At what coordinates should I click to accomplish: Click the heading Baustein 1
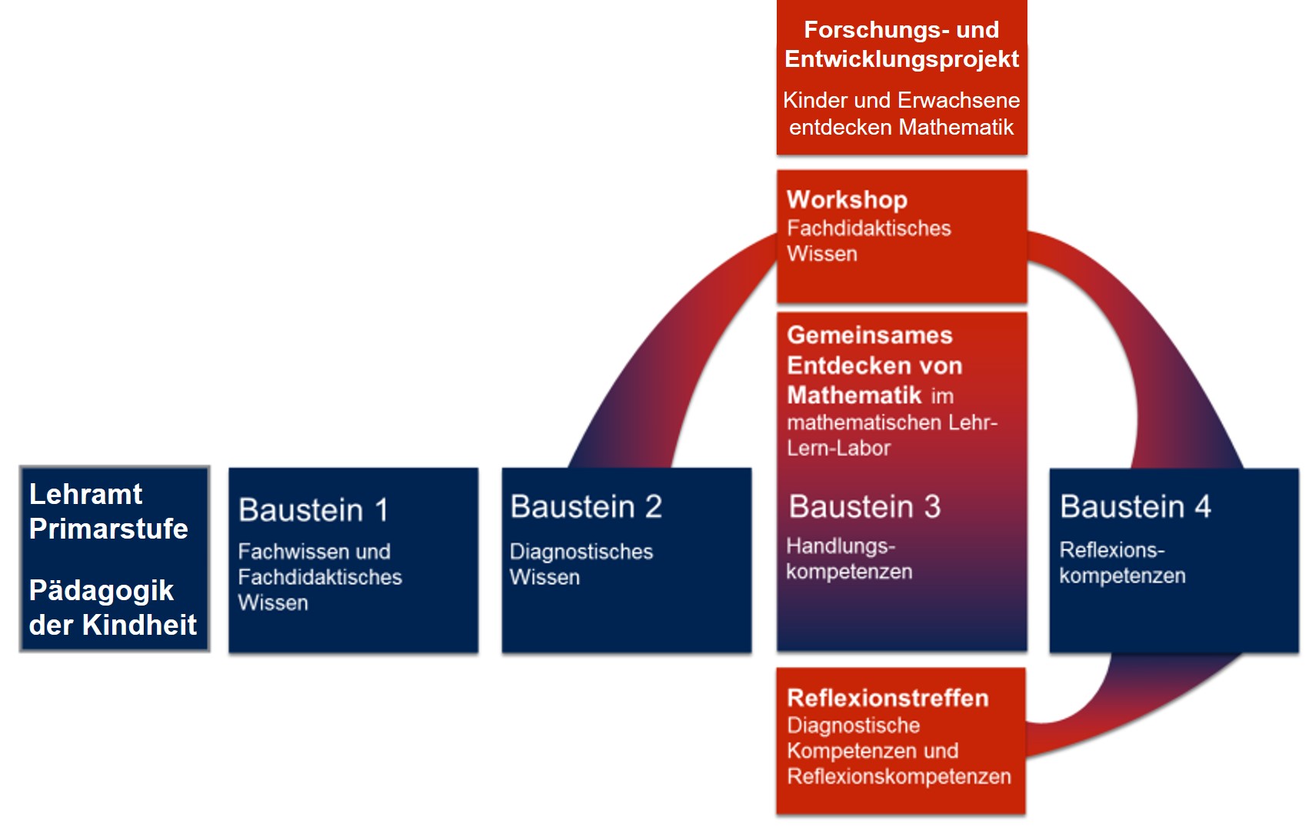[313, 510]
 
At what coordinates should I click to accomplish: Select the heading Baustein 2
[586, 507]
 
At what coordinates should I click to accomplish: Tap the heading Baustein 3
[864, 507]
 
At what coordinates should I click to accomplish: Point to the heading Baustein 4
[1135, 507]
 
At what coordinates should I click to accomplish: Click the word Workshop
[847, 200]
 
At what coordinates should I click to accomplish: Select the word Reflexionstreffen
[887, 698]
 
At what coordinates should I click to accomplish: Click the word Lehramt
[85, 494]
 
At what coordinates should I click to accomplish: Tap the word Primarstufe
[108, 529]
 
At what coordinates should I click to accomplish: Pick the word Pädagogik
[101, 591]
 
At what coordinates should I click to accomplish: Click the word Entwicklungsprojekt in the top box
[901, 59]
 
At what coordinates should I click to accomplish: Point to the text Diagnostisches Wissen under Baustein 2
[581, 564]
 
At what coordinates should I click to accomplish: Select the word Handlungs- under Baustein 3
[841, 546]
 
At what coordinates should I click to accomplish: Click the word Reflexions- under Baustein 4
[1112, 550]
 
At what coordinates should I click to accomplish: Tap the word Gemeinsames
[869, 335]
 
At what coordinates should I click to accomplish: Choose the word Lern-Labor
[838, 448]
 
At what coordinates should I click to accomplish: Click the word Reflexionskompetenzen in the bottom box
[899, 776]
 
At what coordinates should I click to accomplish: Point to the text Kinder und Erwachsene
[901, 101]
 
